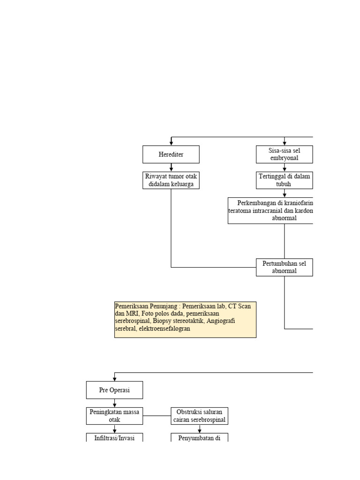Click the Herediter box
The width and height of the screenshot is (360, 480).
171,154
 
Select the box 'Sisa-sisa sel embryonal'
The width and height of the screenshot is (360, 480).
284,154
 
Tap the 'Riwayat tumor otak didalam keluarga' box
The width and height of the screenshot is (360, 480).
171,180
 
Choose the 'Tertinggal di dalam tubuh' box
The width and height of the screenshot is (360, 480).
284,180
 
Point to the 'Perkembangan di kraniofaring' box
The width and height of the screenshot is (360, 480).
271,210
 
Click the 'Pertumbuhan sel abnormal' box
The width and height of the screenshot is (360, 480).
284,267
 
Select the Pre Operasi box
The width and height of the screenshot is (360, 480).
114,390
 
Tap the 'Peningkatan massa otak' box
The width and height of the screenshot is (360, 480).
114,416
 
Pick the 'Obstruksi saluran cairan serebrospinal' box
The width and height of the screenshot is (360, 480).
199,416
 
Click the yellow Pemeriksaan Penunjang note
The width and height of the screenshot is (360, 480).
185,320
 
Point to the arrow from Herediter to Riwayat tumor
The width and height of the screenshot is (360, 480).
171,167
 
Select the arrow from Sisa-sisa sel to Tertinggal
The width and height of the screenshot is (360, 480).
285,167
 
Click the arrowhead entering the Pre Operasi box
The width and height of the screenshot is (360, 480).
114,379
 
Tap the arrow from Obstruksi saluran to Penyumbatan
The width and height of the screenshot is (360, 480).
200,429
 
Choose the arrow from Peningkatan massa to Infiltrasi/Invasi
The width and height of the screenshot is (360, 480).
114,429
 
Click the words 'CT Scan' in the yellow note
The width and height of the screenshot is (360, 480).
238,306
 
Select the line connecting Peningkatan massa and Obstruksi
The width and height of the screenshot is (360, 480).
157,416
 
